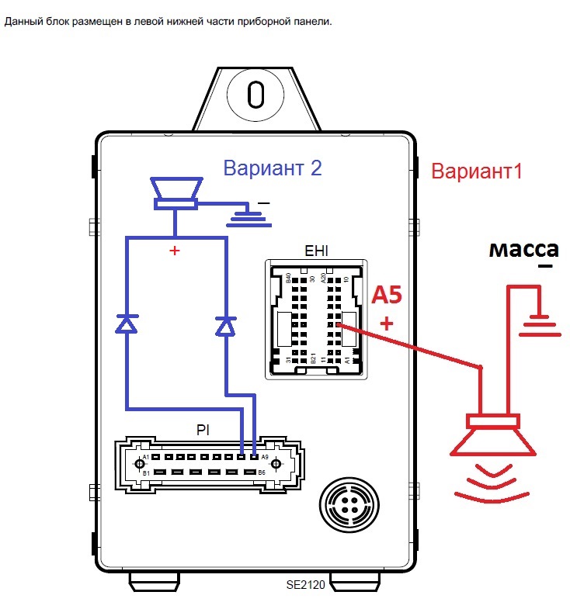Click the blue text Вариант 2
272,168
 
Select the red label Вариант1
477,171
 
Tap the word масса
523,250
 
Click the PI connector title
203,429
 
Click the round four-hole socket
346,505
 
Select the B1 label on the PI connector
144,472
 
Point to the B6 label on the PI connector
262,472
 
